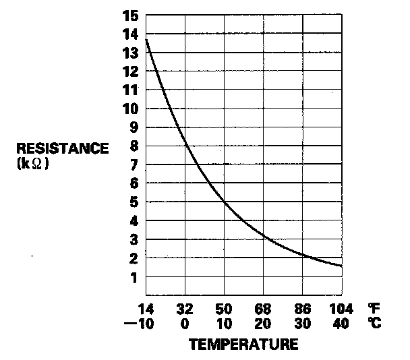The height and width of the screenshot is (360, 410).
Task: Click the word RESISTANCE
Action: pos(62,148)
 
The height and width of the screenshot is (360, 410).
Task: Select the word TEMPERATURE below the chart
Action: pos(243,344)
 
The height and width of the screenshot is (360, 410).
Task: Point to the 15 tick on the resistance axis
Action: pos(132,14)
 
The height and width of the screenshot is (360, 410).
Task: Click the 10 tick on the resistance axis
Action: pos(132,109)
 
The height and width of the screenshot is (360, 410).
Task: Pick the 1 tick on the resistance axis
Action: pos(135,277)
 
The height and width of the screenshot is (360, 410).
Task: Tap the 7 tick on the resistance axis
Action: pos(135,164)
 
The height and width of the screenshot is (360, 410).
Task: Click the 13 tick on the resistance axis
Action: pos(132,52)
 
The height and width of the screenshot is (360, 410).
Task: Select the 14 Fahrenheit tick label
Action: pos(146,310)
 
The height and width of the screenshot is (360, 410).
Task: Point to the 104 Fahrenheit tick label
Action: pos(340,310)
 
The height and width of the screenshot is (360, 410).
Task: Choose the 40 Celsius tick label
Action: pos(341,323)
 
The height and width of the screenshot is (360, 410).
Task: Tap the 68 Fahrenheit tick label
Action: pos(262,310)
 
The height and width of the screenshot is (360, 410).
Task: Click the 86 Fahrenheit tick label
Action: pos(301,310)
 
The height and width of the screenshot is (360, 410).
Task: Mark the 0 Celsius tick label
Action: pos(185,323)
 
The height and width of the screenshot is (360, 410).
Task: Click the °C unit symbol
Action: pos(375,323)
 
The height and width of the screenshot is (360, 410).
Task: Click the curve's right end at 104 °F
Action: pos(341,266)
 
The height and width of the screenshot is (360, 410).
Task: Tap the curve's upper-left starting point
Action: pos(146,40)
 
